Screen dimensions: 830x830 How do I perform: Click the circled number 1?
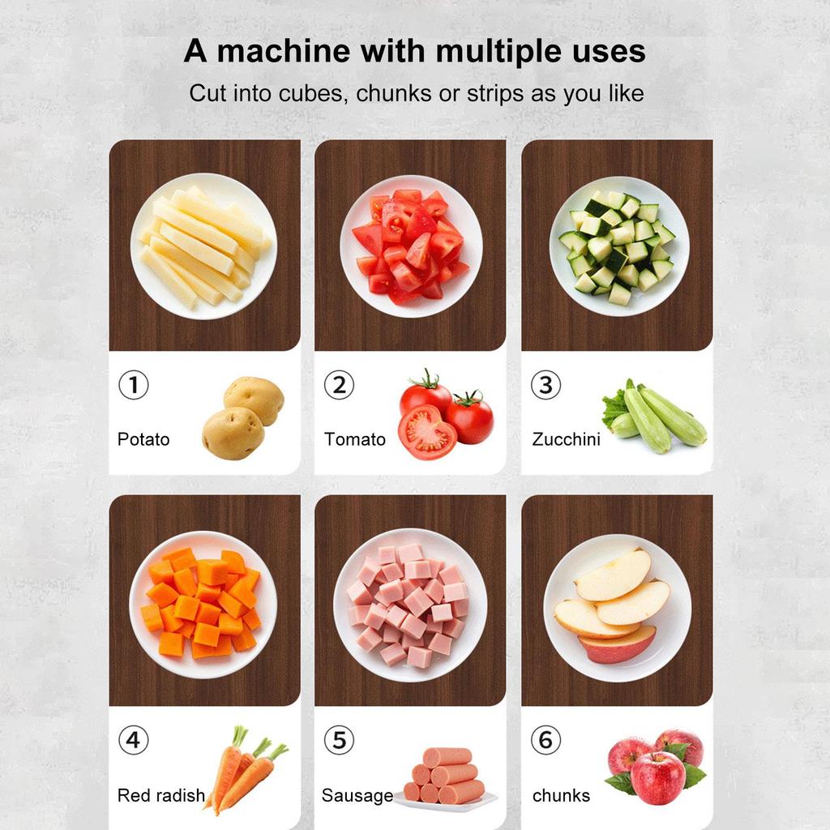tap(134, 385)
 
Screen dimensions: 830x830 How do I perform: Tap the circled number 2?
tap(339, 385)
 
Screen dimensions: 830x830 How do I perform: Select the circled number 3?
tap(545, 385)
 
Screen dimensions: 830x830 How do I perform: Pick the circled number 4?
tap(134, 740)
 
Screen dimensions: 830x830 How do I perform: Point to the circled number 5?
tap(339, 740)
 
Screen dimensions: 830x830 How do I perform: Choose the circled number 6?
tap(545, 740)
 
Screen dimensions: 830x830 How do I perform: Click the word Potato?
tap(143, 439)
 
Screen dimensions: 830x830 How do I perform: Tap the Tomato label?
tap(355, 439)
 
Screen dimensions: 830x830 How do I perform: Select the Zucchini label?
tap(566, 439)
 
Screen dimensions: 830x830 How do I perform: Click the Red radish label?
tap(161, 795)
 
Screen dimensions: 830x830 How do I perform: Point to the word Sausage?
tap(357, 795)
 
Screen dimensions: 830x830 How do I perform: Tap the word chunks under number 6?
tap(561, 795)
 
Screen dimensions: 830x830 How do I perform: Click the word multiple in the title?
tap(490, 52)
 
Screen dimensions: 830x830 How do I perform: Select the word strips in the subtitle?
tap(494, 93)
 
